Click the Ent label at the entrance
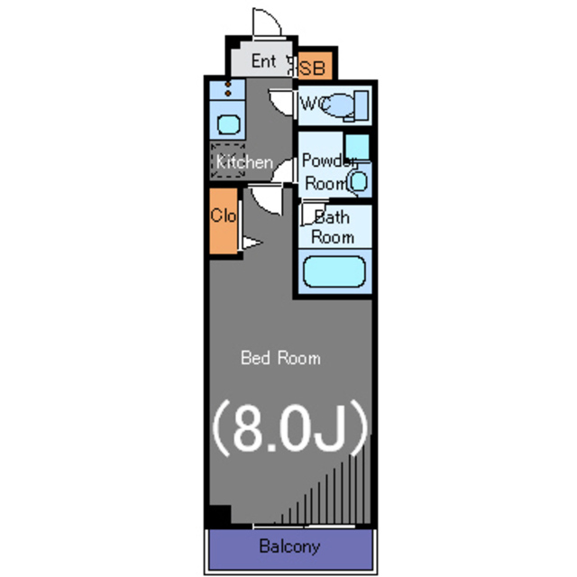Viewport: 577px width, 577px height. [264, 60]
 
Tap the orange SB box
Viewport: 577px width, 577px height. [316, 66]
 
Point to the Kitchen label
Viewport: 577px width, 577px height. [244, 162]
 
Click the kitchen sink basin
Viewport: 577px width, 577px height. [229, 124]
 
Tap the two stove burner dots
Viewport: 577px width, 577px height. [228, 89]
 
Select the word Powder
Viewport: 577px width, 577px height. [329, 160]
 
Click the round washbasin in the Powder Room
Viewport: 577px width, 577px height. [358, 181]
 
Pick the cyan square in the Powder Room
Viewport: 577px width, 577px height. [357, 147]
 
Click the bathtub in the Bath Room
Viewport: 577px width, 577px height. [334, 271]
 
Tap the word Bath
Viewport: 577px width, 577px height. [332, 217]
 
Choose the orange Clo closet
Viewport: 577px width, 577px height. [224, 221]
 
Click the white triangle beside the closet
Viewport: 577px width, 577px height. [252, 243]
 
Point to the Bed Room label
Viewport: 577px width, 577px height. [280, 358]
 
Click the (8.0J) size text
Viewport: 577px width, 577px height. [290, 427]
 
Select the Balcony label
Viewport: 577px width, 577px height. [289, 546]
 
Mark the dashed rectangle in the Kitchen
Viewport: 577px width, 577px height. [228, 161]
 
